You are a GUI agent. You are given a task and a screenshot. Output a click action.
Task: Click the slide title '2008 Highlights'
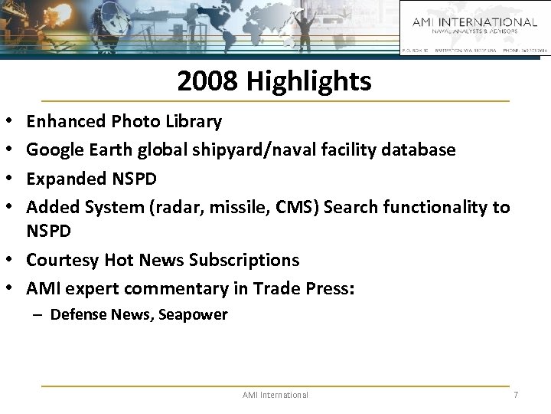pyautogui.click(x=274, y=80)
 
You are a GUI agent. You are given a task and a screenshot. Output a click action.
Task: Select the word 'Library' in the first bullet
pyautogui.click(x=194, y=121)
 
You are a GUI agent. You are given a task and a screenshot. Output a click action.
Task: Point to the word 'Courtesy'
pyautogui.click(x=59, y=260)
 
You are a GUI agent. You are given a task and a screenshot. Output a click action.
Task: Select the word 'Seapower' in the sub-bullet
pyautogui.click(x=195, y=315)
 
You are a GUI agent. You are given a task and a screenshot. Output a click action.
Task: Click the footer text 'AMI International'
pyautogui.click(x=275, y=395)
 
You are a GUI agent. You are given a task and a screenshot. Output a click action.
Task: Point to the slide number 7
pyautogui.click(x=517, y=395)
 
